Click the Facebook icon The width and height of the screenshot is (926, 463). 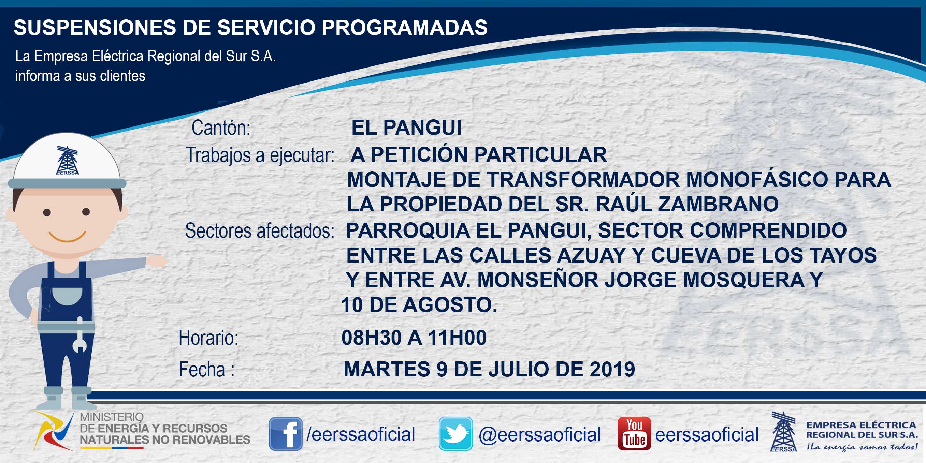click(x=286, y=434)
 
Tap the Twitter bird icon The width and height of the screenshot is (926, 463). click(x=455, y=434)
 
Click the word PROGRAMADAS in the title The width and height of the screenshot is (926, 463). click(x=404, y=27)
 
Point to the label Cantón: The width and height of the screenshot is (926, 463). click(x=221, y=128)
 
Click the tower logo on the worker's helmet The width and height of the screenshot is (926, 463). click(x=67, y=160)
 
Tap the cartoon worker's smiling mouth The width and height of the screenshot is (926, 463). click(x=67, y=237)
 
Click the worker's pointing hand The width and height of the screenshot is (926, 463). click(x=157, y=261)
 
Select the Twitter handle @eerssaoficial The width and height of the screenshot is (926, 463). click(x=539, y=435)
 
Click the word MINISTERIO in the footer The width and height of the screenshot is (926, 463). click(x=112, y=417)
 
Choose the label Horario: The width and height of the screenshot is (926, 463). click(x=208, y=338)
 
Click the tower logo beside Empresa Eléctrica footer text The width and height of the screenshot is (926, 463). click(x=783, y=431)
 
